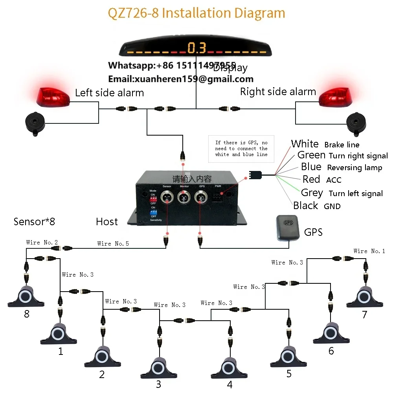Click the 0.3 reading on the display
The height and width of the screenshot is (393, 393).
pyautogui.click(x=196, y=48)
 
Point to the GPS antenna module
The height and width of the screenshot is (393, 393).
pyautogui.click(x=289, y=228)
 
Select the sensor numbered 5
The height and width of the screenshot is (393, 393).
pyautogui.click(x=289, y=357)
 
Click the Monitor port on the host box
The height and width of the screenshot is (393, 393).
pyautogui.click(x=184, y=197)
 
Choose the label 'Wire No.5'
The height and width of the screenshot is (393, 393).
pyautogui.click(x=113, y=244)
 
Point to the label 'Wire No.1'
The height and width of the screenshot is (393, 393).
pyautogui.click(x=369, y=251)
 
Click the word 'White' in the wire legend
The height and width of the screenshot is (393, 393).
pyautogui.click(x=305, y=144)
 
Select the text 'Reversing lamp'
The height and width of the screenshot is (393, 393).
pyautogui.click(x=354, y=168)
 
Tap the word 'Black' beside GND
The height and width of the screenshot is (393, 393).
pyautogui.click(x=305, y=206)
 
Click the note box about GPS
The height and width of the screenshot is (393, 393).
pyautogui.click(x=241, y=149)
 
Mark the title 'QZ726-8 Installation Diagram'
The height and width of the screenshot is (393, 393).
pyautogui.click(x=196, y=13)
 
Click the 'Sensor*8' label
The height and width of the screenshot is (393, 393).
pyautogui.click(x=34, y=222)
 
